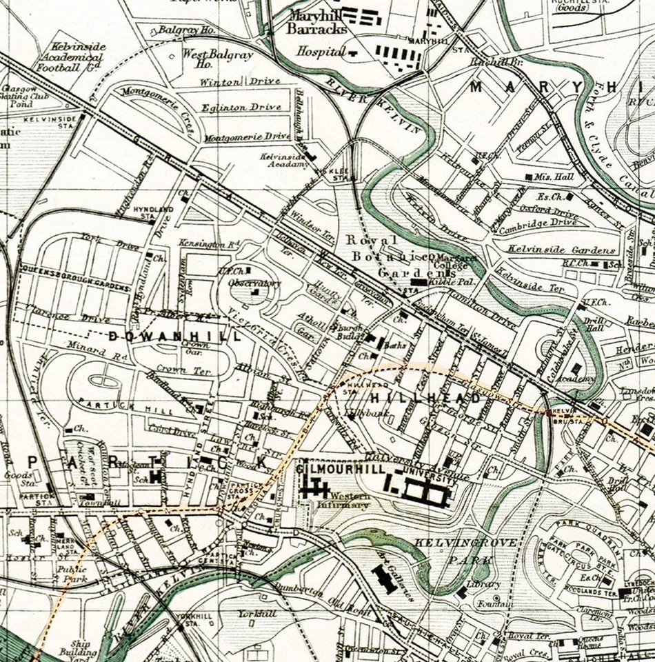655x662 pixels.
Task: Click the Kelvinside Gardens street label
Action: pos(563,249)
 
